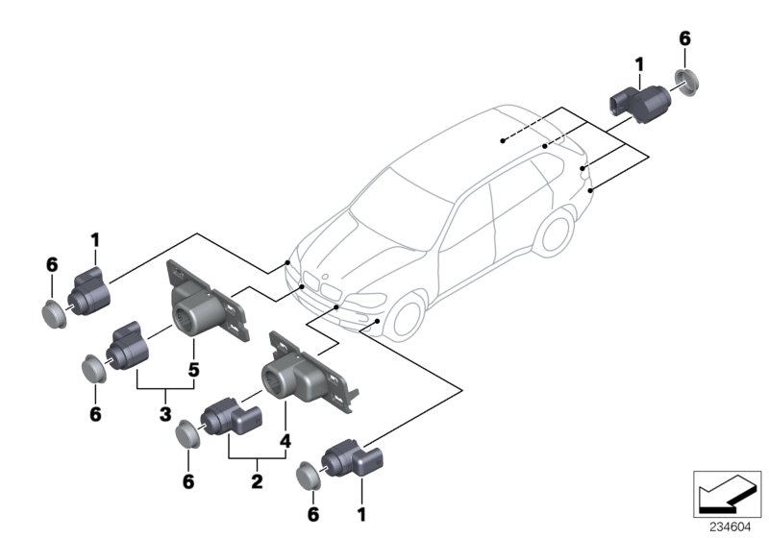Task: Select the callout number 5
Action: pyautogui.click(x=193, y=368)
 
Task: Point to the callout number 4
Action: pyautogui.click(x=285, y=443)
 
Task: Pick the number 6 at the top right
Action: pyautogui.click(x=684, y=38)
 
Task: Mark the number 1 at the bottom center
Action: pyautogui.click(x=361, y=516)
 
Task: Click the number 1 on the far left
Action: pyautogui.click(x=95, y=237)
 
